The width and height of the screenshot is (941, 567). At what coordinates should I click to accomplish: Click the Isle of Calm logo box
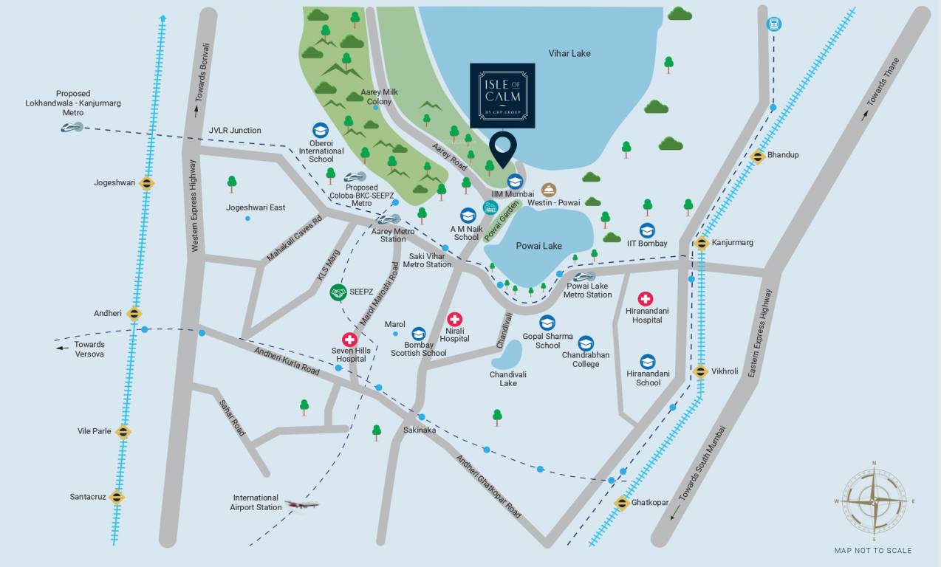click(502, 95)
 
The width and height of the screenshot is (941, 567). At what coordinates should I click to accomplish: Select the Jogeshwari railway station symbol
click(147, 183)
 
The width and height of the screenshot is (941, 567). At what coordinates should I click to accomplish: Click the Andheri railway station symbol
click(134, 314)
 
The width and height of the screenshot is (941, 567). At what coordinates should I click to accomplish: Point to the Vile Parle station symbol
click(123, 432)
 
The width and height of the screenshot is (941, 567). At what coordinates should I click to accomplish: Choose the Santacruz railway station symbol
click(117, 498)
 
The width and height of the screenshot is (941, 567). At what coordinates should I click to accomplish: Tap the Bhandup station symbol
click(757, 156)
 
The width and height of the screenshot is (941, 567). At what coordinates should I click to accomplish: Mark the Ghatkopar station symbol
click(622, 504)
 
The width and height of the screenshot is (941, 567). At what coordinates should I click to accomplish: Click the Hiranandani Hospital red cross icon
click(646, 299)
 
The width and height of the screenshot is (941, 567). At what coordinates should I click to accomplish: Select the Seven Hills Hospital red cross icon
click(349, 339)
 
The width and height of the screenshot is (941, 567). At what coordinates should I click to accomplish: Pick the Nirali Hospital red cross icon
click(455, 320)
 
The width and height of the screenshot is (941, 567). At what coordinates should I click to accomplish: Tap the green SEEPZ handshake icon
click(338, 292)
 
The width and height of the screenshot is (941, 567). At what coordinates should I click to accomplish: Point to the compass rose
click(875, 501)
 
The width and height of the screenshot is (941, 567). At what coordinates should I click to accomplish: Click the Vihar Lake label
click(569, 53)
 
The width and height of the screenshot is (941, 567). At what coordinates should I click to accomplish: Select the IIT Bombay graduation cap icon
click(647, 230)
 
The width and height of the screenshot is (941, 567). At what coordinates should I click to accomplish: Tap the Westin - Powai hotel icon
click(549, 190)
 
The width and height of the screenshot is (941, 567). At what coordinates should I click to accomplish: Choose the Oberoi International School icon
click(321, 131)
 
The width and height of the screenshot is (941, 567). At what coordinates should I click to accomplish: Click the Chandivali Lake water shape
click(507, 357)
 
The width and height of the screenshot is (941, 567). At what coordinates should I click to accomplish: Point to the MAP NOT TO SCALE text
click(872, 550)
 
